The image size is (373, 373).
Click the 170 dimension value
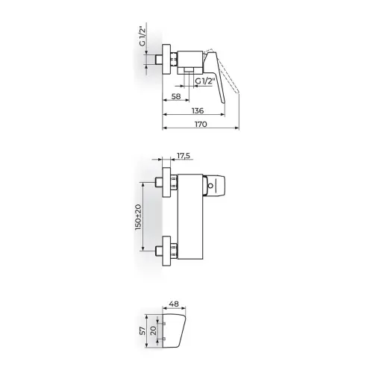201,124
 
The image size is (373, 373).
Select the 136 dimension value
198,110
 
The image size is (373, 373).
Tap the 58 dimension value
176,96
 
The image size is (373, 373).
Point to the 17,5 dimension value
184,156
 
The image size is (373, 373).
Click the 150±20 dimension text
138,217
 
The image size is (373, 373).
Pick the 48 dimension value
174,304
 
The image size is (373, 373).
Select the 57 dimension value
142,331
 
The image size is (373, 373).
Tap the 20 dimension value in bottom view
154,330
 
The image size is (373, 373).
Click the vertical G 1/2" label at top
142,37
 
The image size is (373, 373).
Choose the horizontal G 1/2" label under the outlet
204,81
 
